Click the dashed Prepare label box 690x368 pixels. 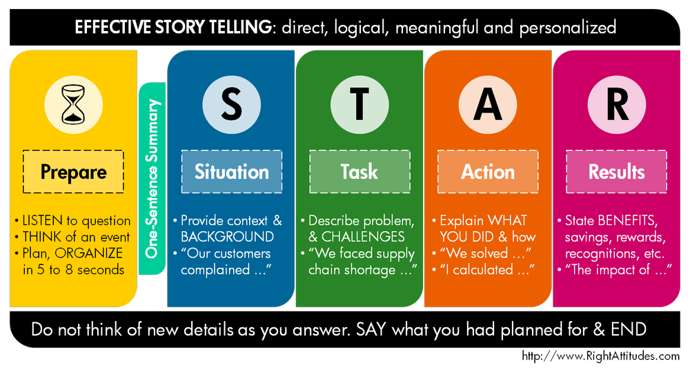pyautogui.click(x=73, y=171)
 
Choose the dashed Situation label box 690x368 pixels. pyautogui.click(x=231, y=171)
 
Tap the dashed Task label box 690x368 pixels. pyautogui.click(x=359, y=171)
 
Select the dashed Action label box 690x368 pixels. pyautogui.click(x=488, y=171)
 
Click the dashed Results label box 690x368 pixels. pyautogui.click(x=616, y=171)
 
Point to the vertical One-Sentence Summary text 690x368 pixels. pyautogui.click(x=153, y=179)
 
